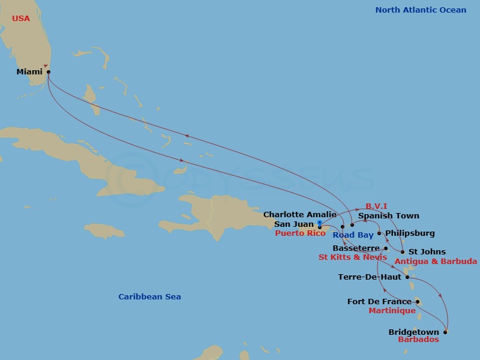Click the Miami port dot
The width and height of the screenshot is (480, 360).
click(x=49, y=72)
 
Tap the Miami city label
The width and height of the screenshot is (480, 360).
click(x=29, y=72)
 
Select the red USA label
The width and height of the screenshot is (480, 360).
click(x=20, y=19)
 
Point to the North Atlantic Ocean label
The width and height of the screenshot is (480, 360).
click(x=421, y=10)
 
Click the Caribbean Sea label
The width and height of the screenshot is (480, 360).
click(x=149, y=297)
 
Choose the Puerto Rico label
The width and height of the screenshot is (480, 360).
click(x=300, y=233)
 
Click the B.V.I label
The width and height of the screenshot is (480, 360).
click(x=378, y=206)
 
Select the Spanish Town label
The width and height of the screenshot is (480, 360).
click(x=388, y=215)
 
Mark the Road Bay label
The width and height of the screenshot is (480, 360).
click(x=353, y=235)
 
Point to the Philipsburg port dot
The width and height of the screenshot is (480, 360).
click(x=379, y=233)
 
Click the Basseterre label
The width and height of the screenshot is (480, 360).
click(x=355, y=248)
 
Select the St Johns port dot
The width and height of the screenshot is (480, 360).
click(x=402, y=252)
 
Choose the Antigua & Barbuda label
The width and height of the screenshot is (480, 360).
click(x=436, y=261)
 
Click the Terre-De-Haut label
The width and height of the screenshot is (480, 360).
click(x=370, y=277)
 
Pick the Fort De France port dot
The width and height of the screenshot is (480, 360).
click(x=418, y=302)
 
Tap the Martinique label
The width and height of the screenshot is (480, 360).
click(x=391, y=311)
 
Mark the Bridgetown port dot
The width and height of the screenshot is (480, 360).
click(x=445, y=332)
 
